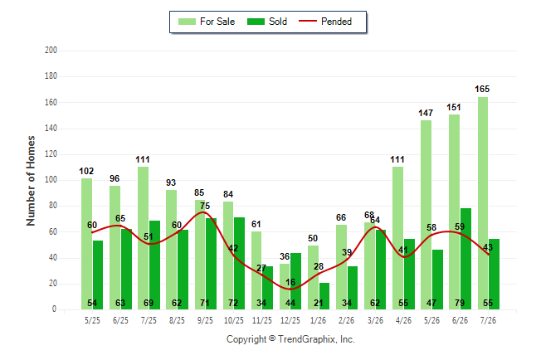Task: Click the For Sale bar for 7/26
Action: (x=483, y=203)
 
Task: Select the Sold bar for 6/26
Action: (x=465, y=259)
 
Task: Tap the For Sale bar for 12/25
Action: (x=285, y=286)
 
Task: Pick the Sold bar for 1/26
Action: (x=324, y=296)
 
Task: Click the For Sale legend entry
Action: (x=207, y=22)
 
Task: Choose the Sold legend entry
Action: (x=267, y=22)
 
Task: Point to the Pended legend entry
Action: (x=325, y=22)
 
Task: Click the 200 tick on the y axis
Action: (x=51, y=51)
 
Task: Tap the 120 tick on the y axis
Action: (x=51, y=153)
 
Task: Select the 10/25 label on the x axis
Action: (x=233, y=320)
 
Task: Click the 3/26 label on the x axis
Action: (x=375, y=320)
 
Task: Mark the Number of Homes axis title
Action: (x=31, y=181)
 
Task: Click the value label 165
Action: (x=482, y=89)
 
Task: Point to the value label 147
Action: (x=426, y=113)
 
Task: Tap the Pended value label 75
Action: (x=205, y=206)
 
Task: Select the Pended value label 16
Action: (x=290, y=282)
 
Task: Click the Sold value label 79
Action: (x=460, y=303)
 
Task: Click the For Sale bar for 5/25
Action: (x=86, y=244)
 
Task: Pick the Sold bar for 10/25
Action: (x=239, y=263)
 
